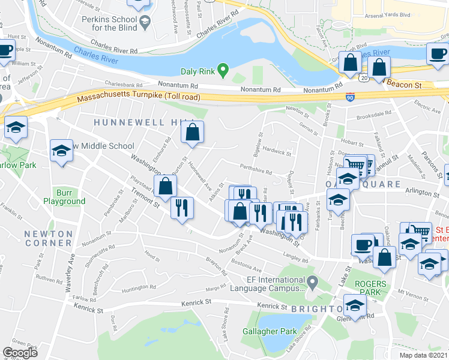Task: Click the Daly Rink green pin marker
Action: pos(223,71)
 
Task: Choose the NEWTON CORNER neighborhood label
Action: pos(49,238)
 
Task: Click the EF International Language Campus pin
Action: pos(312,281)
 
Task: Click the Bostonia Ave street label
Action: pos(251,266)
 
